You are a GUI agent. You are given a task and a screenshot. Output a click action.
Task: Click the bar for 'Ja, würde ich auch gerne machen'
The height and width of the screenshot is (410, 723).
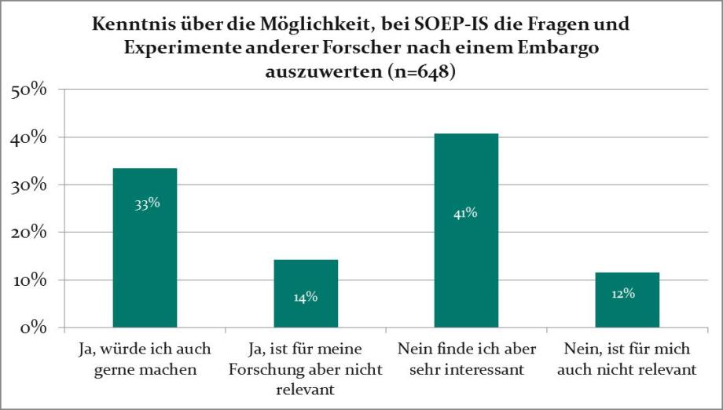[145, 247]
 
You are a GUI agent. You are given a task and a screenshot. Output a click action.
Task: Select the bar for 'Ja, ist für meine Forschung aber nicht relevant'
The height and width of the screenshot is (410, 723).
[306, 293]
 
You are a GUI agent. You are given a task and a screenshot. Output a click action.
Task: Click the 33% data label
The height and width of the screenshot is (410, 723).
[146, 203]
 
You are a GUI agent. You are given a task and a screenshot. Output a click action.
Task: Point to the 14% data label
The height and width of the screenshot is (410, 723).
[306, 296]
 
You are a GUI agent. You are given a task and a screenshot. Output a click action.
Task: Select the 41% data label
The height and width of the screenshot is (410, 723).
[465, 212]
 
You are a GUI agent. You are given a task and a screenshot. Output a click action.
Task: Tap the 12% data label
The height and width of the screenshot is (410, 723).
[622, 294]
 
